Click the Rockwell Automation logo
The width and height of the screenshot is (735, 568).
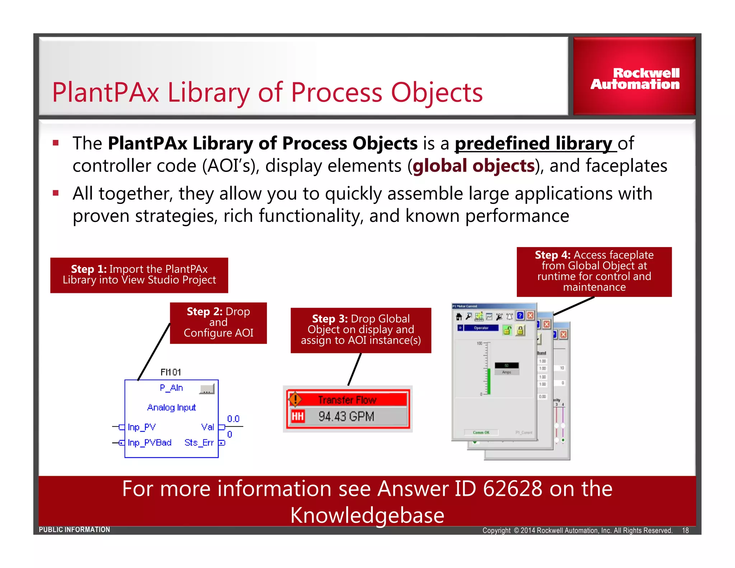pyautogui.click(x=635, y=78)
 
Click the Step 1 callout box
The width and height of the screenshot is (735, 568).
pyautogui.click(x=139, y=275)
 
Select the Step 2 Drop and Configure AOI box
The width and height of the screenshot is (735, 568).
pyautogui.click(x=218, y=322)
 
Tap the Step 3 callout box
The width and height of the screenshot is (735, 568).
pyautogui.click(x=361, y=330)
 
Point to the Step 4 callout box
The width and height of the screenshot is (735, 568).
pyautogui.click(x=594, y=271)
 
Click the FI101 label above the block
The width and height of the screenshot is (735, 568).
pyautogui.click(x=170, y=372)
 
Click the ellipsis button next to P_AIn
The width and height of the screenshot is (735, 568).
pyautogui.click(x=207, y=389)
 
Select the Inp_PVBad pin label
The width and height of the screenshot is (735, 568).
pyautogui.click(x=150, y=442)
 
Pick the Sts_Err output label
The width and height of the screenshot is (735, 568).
pyautogui.click(x=199, y=442)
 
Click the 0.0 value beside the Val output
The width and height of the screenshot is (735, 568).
pyautogui.click(x=233, y=419)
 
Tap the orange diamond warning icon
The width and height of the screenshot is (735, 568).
pyautogui.click(x=295, y=399)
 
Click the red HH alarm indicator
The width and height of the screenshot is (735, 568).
pyautogui.click(x=298, y=416)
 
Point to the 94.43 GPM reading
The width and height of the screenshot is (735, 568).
pyautogui.click(x=346, y=416)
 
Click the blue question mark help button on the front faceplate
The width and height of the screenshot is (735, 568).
pyautogui.click(x=520, y=316)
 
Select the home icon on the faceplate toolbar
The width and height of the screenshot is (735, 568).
pyautogui.click(x=459, y=316)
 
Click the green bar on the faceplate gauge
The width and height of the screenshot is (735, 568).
pyautogui.click(x=488, y=381)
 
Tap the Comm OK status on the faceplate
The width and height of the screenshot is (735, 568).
pyautogui.click(x=481, y=432)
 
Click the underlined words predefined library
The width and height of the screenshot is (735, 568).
pyautogui.click(x=534, y=143)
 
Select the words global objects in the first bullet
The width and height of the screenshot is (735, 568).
pyautogui.click(x=474, y=166)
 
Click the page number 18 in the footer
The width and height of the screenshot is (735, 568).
pyautogui.click(x=685, y=530)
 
